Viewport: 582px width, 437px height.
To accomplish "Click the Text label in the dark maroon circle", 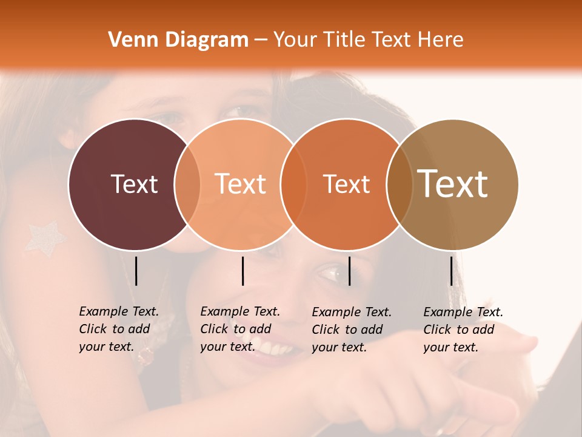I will (x=135, y=184).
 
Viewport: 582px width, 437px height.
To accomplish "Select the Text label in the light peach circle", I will (x=241, y=184).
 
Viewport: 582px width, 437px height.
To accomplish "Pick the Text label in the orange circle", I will (x=346, y=184).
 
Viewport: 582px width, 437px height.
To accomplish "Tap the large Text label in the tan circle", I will (x=453, y=184).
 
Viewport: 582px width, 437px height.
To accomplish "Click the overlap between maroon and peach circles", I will (x=187, y=185).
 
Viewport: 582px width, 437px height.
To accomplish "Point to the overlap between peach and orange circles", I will (x=294, y=185).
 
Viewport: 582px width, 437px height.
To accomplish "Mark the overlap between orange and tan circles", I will (x=400, y=185).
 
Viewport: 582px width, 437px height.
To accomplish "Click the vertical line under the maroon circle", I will (x=136, y=271).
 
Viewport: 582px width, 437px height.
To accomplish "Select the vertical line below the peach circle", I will (x=242, y=271).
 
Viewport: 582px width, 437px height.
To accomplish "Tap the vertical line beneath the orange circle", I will (x=349, y=271).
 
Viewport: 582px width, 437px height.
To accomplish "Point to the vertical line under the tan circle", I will (x=452, y=271).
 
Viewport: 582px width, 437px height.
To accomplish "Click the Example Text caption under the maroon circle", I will (x=118, y=329).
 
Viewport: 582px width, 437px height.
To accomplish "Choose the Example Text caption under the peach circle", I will (x=239, y=329).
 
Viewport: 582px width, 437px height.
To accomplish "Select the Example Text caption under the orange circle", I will (x=351, y=330).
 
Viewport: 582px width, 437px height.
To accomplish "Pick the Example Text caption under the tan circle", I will (x=463, y=330).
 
